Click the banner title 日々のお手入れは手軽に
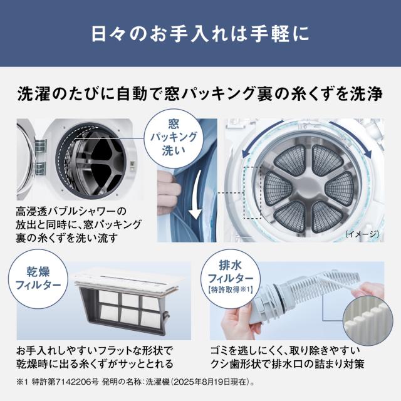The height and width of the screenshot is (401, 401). click(x=200, y=33)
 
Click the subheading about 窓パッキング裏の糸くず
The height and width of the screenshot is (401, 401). click(x=200, y=95)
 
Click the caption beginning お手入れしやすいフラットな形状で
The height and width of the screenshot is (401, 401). click(x=95, y=357)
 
